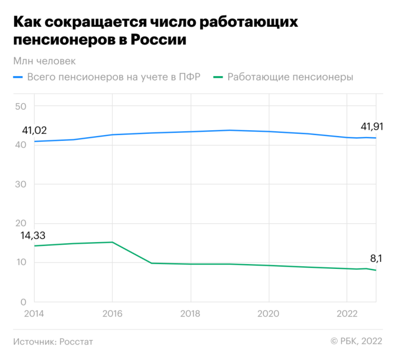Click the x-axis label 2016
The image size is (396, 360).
pyautogui.click(x=112, y=313)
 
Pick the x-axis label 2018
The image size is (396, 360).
pyautogui.click(x=190, y=313)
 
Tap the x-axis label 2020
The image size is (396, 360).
pyautogui.click(x=269, y=313)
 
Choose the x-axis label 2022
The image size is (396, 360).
pyautogui.click(x=346, y=313)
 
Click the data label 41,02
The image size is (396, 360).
pyautogui.click(x=34, y=131)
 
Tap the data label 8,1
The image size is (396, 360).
pyautogui.click(x=376, y=258)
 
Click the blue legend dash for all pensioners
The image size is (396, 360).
pyautogui.click(x=18, y=77)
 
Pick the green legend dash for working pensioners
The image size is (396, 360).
pyautogui.click(x=218, y=77)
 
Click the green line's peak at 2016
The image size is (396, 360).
pyautogui.click(x=112, y=242)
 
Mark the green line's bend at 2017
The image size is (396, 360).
pyautogui.click(x=151, y=263)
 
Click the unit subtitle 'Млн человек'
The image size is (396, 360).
pyautogui.click(x=45, y=61)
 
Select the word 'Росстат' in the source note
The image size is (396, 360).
pyautogui.click(x=76, y=342)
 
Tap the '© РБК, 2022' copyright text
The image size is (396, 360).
pyautogui.click(x=356, y=342)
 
